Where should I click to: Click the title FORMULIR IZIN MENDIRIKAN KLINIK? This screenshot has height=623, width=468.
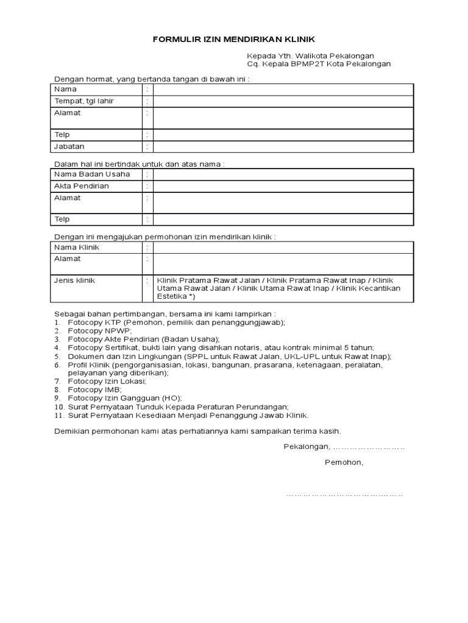click(x=233, y=39)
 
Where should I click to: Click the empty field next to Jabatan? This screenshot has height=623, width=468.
click(x=283, y=147)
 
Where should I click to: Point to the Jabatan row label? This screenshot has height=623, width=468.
click(x=69, y=147)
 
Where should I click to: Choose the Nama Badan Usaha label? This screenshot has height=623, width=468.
click(x=92, y=174)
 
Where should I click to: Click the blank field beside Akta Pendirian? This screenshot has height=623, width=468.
click(x=283, y=186)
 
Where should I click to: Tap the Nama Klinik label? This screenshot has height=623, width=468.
click(x=76, y=247)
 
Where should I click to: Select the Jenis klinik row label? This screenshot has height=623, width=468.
click(x=75, y=280)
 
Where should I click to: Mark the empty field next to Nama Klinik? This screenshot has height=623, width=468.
click(x=283, y=247)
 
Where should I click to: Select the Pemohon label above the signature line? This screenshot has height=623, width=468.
click(x=344, y=462)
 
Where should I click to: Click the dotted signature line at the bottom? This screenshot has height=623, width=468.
click(x=344, y=494)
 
